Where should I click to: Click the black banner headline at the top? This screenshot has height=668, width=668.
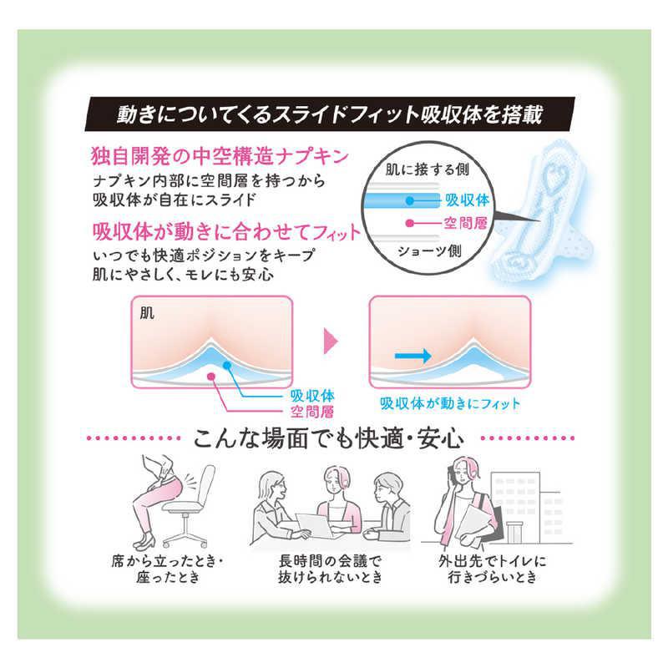329,114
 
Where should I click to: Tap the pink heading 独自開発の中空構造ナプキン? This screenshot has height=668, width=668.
220,156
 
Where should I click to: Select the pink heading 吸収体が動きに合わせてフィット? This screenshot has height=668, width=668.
226,232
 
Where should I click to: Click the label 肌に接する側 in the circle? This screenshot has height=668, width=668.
427,170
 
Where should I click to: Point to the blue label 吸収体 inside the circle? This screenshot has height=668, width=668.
467,200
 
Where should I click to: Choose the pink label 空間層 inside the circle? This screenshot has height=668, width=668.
465,223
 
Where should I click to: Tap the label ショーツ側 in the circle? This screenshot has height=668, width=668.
429,250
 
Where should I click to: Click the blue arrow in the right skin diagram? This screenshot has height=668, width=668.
412,356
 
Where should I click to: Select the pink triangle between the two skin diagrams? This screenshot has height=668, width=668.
330,341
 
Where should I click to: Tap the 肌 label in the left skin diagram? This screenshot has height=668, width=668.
147,314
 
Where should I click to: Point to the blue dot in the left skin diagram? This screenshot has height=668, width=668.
226,365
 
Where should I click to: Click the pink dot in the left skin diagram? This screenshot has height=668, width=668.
210,376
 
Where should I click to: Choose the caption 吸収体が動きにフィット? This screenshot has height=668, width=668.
450,403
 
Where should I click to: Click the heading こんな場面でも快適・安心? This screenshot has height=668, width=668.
328,438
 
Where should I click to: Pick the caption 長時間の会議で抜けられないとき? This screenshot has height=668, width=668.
330,569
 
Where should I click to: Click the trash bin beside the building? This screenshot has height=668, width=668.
514,532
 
